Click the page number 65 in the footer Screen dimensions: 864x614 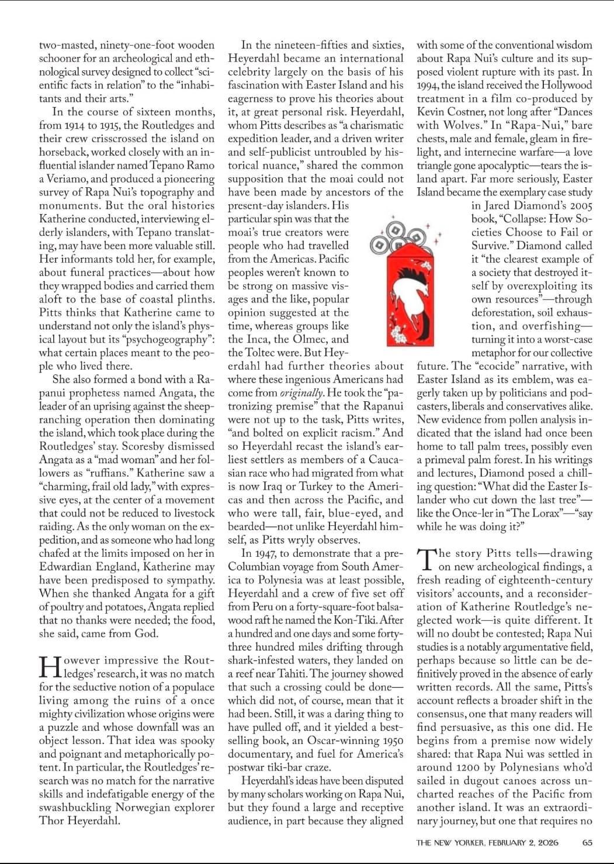(587, 842)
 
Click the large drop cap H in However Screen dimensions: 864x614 (50, 667)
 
